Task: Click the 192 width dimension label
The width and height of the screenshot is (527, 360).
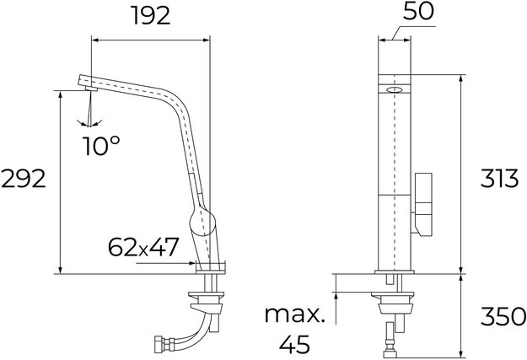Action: pos(151,15)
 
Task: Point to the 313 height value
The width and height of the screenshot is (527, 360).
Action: pos(497,179)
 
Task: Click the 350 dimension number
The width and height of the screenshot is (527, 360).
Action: pos(497,319)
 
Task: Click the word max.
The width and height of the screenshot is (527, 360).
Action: pos(294,315)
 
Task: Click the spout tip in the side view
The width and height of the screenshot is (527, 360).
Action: pos(83,83)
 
